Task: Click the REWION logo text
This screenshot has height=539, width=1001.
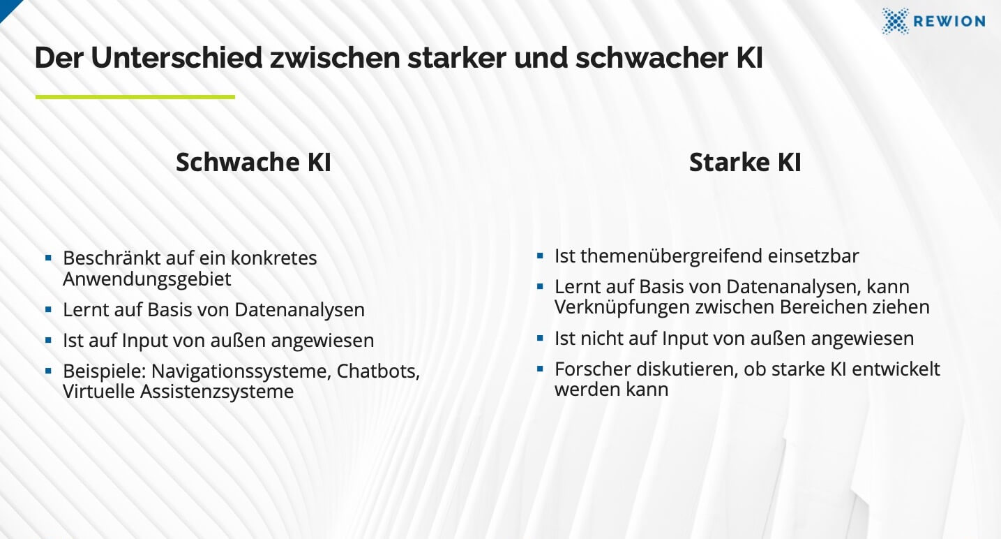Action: [949, 21]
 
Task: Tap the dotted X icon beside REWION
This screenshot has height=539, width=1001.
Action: [895, 21]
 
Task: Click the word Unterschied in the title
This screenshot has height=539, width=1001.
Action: [176, 58]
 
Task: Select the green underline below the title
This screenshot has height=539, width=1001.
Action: [135, 97]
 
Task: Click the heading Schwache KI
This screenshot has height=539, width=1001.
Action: [253, 162]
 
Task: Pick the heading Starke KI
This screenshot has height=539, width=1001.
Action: [745, 162]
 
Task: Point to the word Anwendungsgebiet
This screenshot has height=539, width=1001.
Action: [147, 279]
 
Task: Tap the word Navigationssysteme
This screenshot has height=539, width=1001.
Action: [241, 371]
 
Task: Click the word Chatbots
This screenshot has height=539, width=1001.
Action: [378, 371]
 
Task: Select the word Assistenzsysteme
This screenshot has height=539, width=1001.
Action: [217, 392]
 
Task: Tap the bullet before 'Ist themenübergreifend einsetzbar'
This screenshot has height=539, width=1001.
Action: [540, 256]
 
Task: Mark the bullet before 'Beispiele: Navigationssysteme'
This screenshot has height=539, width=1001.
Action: [48, 371]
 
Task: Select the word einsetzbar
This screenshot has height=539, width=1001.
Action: [813, 256]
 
